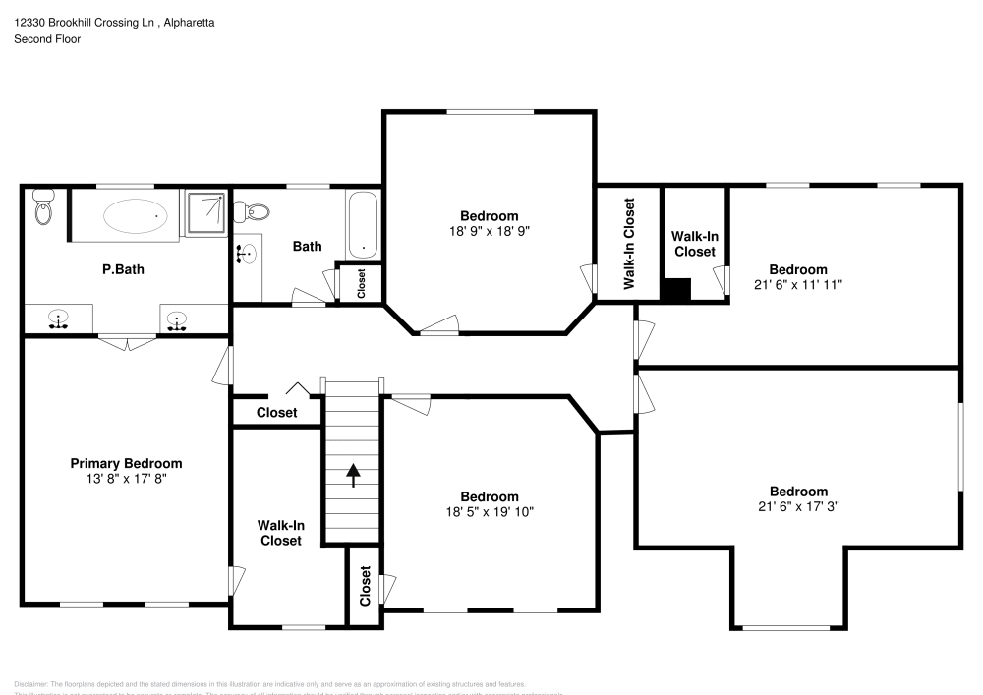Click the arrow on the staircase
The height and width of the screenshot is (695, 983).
(x=352, y=476)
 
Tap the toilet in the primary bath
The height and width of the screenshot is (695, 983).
(x=42, y=208)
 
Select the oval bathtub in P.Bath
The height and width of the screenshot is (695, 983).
(x=136, y=215)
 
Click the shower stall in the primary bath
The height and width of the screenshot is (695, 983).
(x=206, y=213)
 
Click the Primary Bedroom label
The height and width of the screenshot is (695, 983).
(x=126, y=463)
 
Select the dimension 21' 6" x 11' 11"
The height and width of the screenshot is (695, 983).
(x=797, y=284)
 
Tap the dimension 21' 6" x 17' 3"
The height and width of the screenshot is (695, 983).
(x=797, y=506)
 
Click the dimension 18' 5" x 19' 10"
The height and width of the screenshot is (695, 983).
(x=489, y=511)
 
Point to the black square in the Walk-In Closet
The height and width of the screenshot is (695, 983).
(x=676, y=290)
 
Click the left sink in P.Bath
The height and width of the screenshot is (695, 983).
(x=59, y=319)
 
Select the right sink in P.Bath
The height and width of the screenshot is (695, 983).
(x=177, y=319)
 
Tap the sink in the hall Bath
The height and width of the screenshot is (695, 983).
(x=247, y=255)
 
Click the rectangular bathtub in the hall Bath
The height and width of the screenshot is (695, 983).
(x=362, y=224)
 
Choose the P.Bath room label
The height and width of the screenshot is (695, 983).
(x=123, y=268)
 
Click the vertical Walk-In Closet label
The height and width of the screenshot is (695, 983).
(x=629, y=243)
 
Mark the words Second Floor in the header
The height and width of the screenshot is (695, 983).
(x=47, y=39)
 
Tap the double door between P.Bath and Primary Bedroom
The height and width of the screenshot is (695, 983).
(x=126, y=341)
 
